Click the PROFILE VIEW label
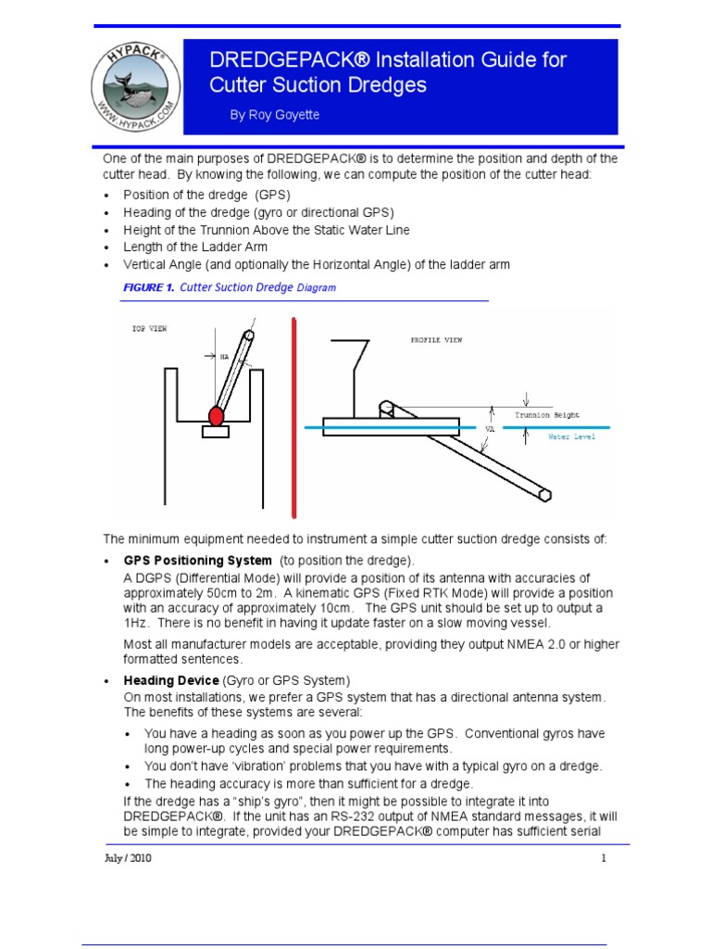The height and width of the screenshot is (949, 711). pos(436,340)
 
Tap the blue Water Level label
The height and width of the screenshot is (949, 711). pos(572,436)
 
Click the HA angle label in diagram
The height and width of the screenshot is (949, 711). pos(224,355)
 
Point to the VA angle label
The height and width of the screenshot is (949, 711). pos(491,429)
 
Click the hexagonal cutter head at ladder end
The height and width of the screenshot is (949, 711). pos(545,495)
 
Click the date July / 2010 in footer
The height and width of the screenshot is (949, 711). pos(128,858)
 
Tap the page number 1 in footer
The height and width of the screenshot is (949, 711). pos(603,858)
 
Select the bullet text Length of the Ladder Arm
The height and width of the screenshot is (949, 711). pos(195,247)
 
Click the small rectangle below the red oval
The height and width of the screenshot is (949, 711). pos(215,432)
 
